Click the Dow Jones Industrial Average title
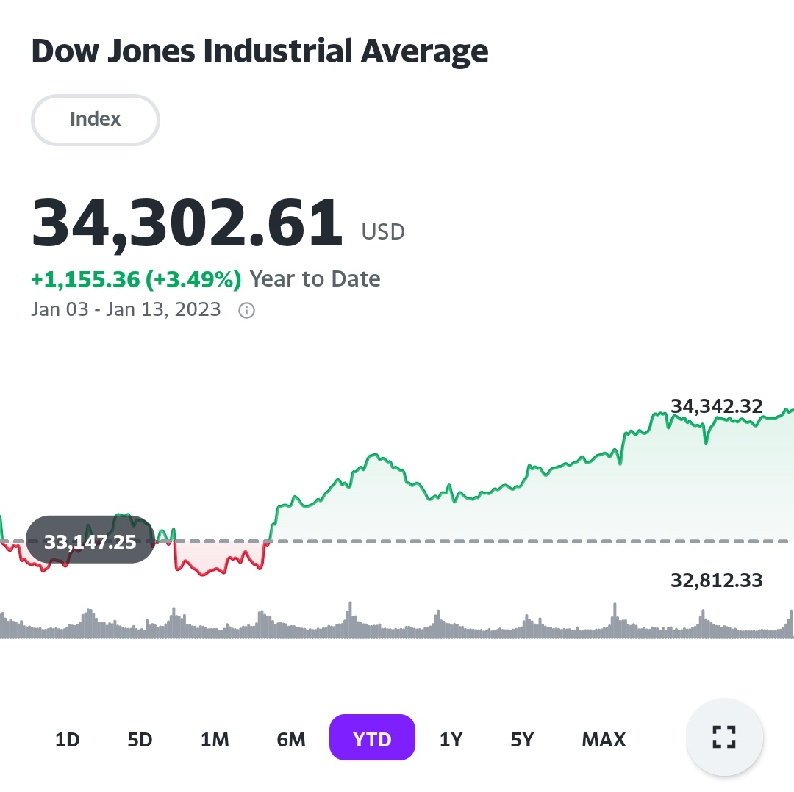[260, 51]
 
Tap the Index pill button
[96, 119]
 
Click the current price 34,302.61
[187, 223]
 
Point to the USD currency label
[383, 232]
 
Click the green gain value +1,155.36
[85, 279]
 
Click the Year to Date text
[315, 279]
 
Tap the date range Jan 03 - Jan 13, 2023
[126, 309]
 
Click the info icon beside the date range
[247, 310]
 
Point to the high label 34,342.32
[716, 406]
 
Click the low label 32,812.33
[716, 581]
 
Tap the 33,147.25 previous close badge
[90, 542]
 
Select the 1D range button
[67, 739]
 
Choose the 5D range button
[140, 739]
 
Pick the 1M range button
[215, 739]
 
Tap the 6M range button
[291, 739]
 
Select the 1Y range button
[451, 739]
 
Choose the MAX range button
[604, 739]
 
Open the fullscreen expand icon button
[724, 737]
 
